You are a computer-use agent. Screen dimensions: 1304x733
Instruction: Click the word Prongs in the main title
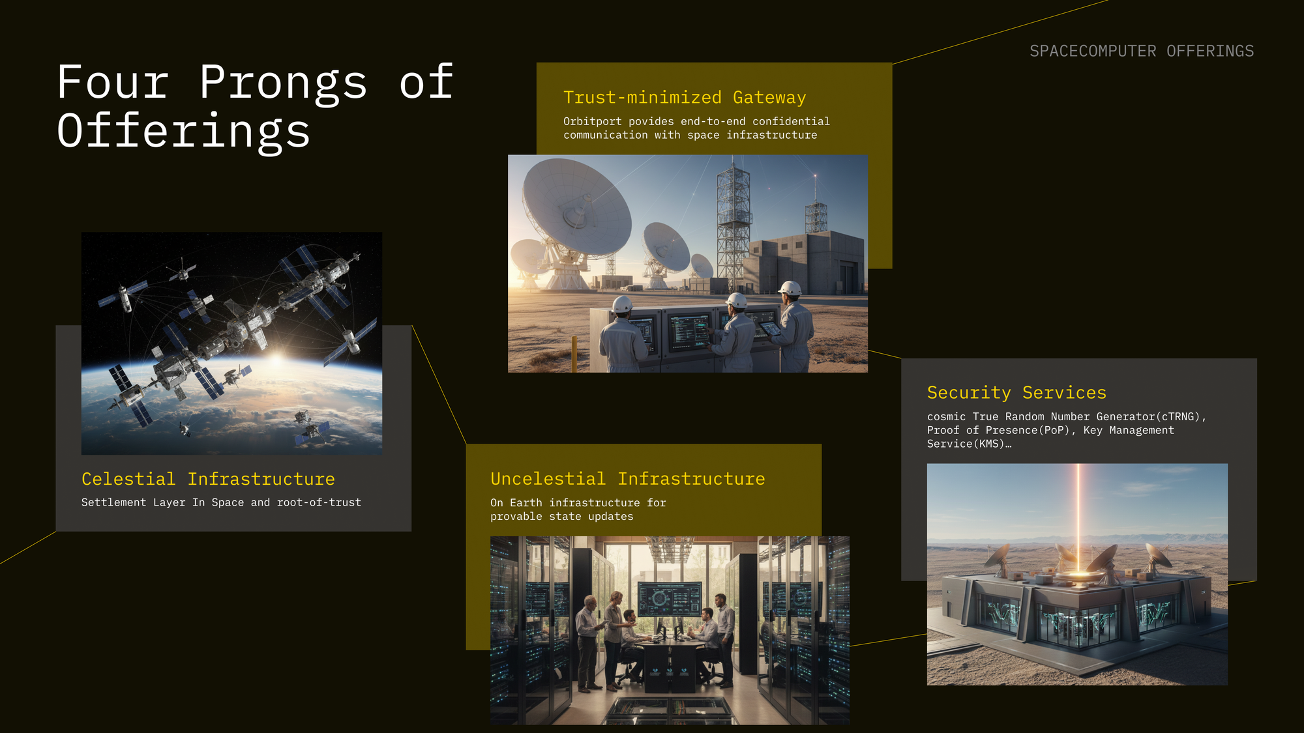[284, 83]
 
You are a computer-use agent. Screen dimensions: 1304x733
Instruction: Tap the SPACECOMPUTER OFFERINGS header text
[1142, 51]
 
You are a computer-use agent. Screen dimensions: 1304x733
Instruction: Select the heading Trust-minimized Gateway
[685, 97]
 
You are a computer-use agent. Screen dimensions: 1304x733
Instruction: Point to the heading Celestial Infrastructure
[208, 479]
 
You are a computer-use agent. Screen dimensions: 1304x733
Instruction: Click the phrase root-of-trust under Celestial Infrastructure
[319, 502]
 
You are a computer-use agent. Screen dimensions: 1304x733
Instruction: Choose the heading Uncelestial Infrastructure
[628, 479]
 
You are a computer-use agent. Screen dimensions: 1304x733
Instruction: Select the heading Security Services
[1016, 392]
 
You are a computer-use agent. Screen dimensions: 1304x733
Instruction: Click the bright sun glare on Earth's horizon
[277, 360]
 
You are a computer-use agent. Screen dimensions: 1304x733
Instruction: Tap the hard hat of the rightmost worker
[790, 288]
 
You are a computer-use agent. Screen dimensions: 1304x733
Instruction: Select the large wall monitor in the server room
[670, 598]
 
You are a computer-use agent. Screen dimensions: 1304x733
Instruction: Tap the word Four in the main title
[113, 83]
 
